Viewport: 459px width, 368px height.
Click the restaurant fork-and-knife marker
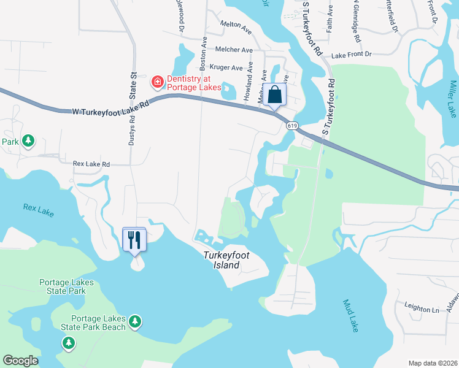pos(135,240)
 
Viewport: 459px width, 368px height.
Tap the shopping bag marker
pos(276,96)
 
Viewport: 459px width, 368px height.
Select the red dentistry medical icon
pos(157,81)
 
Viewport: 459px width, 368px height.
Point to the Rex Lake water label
pos(38,210)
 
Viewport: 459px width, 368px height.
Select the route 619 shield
pos(291,126)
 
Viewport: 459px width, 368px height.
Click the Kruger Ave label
pos(226,67)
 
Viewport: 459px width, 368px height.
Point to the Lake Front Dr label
pos(352,55)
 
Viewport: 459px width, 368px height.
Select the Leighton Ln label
pos(422,308)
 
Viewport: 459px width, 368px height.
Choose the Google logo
pos(20,361)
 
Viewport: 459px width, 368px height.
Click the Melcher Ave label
pos(234,50)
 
